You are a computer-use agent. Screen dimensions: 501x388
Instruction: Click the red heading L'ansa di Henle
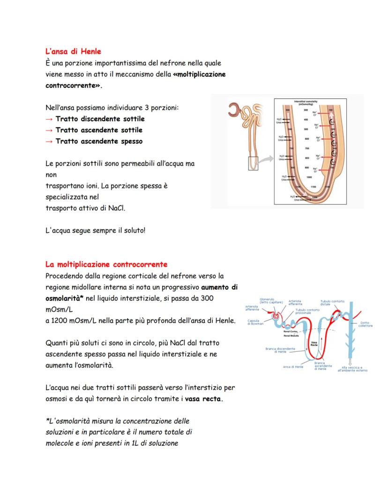tap(73, 51)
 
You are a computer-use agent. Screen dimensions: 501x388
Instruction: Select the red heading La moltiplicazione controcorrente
tap(106, 264)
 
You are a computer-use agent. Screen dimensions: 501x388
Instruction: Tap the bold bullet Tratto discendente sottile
tap(100, 119)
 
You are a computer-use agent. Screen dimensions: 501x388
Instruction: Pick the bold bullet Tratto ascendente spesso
tap(99, 141)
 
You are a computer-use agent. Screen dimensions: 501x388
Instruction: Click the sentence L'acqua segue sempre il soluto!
tap(95, 231)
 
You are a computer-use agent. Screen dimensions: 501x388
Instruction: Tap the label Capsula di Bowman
tap(255, 322)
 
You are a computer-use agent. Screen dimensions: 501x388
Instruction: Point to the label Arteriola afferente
tap(252, 308)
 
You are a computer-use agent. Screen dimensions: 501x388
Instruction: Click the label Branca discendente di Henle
tap(280, 350)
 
